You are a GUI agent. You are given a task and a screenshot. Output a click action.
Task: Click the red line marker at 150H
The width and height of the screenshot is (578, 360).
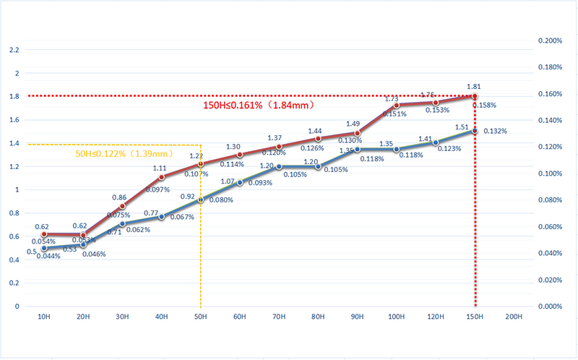point(475,96)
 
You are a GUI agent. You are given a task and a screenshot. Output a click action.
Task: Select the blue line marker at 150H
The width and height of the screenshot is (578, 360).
point(475,131)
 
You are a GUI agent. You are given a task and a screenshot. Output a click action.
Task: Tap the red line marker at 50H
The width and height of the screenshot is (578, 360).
point(201,164)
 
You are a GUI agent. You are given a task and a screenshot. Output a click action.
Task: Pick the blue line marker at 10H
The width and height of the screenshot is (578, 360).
point(44,248)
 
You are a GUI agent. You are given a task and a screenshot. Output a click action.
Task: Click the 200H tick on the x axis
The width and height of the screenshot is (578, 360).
point(514,317)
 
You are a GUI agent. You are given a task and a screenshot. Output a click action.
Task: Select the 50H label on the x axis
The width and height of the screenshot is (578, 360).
point(201,317)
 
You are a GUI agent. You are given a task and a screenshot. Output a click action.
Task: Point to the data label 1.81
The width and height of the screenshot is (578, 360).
point(475,86)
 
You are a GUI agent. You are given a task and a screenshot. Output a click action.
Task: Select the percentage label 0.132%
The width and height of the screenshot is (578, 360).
point(495,131)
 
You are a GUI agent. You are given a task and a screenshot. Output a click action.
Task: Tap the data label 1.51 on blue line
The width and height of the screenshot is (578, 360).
point(461,127)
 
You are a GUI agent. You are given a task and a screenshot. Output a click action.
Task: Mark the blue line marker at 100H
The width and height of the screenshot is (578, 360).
point(397,149)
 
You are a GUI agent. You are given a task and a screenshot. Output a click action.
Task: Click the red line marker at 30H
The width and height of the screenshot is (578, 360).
point(122,206)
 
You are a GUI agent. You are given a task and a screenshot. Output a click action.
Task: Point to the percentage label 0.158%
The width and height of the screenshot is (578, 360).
point(484,106)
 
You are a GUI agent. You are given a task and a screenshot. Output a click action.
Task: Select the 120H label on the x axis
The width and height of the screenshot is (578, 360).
point(436,317)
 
